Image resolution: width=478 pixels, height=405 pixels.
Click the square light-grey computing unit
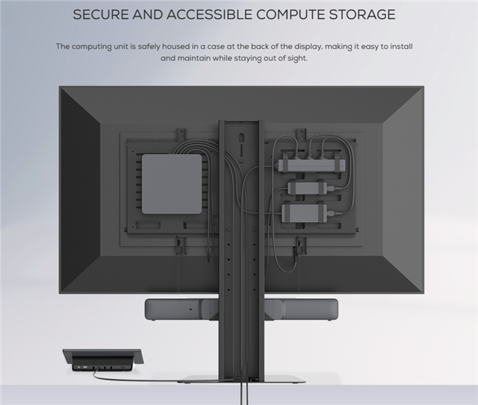pyautogui.click(x=172, y=183)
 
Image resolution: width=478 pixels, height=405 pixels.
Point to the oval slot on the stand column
pyautogui.click(x=240, y=139)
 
